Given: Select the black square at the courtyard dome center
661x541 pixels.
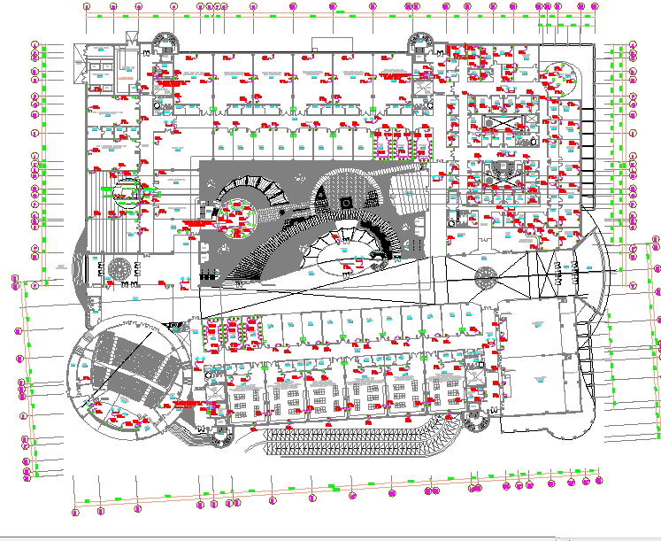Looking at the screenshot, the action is (347, 204).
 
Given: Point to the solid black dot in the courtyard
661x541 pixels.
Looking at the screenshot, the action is (281, 213).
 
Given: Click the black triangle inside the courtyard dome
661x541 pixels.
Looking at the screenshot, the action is (322, 192).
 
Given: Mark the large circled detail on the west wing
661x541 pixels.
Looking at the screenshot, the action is (127, 191).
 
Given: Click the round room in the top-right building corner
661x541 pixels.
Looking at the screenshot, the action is (560, 77).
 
